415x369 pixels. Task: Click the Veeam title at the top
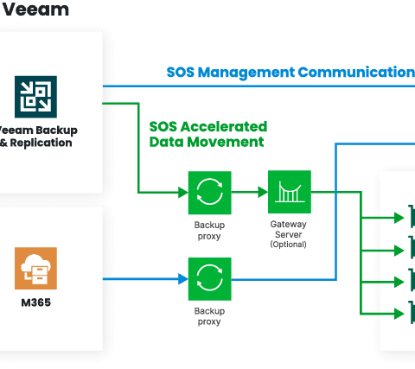pyautogui.click(x=35, y=10)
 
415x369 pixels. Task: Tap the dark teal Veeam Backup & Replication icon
pyautogui.click(x=35, y=97)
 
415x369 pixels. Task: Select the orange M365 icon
pyautogui.click(x=35, y=268)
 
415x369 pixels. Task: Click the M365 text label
pyautogui.click(x=36, y=302)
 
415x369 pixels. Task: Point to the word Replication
pyautogui.click(x=41, y=143)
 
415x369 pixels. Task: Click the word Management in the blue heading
pyautogui.click(x=246, y=73)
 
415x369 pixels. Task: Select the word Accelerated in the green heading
pyautogui.click(x=224, y=126)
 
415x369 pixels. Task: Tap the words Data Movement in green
pyautogui.click(x=207, y=142)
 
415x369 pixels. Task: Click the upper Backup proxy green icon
pyautogui.click(x=210, y=193)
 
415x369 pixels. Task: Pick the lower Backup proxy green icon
pyautogui.click(x=210, y=279)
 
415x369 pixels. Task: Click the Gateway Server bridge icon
pyautogui.click(x=290, y=192)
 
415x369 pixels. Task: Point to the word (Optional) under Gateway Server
pyautogui.click(x=288, y=245)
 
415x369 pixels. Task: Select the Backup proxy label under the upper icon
pyautogui.click(x=209, y=231)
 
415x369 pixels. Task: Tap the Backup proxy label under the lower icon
pyautogui.click(x=209, y=316)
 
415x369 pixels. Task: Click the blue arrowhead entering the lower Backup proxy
pyautogui.click(x=183, y=279)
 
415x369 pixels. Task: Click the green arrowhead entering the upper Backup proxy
pyautogui.click(x=183, y=193)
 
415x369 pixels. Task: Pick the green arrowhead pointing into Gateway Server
pyautogui.click(x=263, y=192)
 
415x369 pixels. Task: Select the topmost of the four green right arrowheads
pyautogui.click(x=399, y=218)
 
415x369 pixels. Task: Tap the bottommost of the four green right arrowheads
pyautogui.click(x=399, y=314)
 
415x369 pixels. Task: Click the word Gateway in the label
pyautogui.click(x=288, y=225)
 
